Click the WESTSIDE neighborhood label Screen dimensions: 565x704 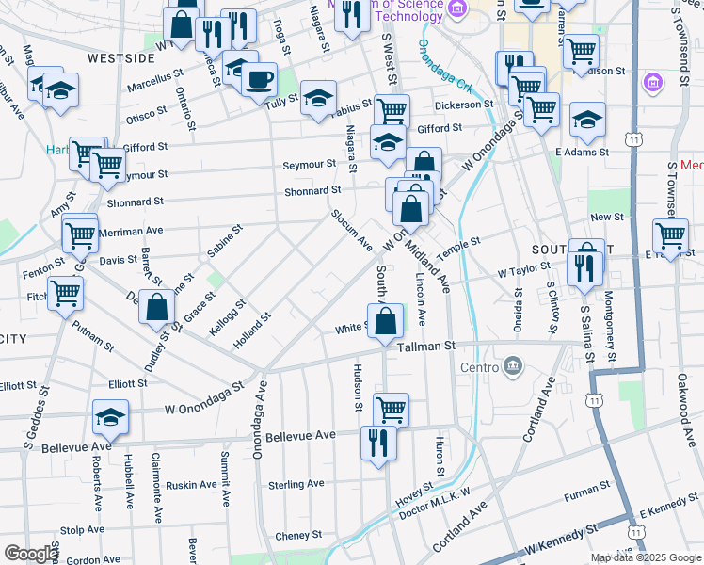[120, 57]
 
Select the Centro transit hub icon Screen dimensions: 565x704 [513, 365]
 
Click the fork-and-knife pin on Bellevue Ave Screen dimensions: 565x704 [378, 442]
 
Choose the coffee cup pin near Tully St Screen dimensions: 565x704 [259, 79]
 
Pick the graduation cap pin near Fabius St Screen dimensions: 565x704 [318, 98]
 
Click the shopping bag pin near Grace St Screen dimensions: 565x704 [158, 307]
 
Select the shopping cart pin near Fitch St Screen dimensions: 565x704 [65, 293]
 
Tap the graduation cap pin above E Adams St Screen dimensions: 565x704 [587, 120]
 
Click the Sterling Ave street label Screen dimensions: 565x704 [296, 484]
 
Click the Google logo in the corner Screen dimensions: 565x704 [30, 553]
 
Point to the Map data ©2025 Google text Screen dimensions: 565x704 [647, 557]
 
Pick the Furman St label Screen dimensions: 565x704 [588, 490]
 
